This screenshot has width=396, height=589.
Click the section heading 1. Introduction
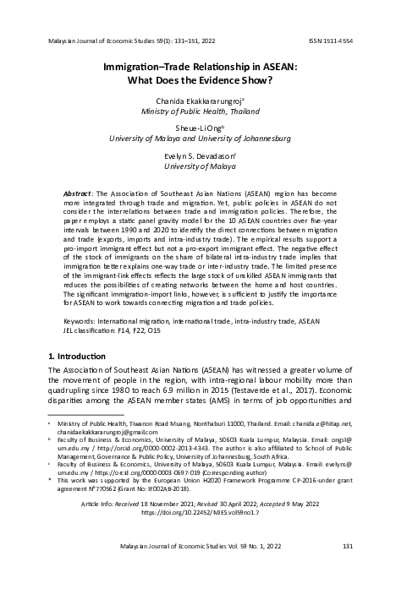pyautogui.click(x=80, y=359)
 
